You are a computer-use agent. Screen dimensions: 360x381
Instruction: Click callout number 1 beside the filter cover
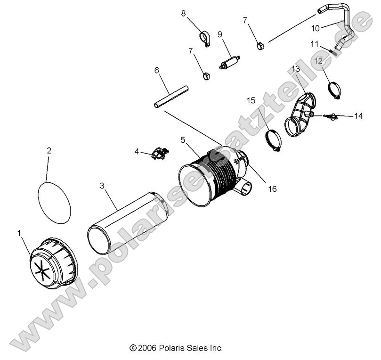tap(19, 233)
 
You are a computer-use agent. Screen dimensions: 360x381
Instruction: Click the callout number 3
tap(102, 186)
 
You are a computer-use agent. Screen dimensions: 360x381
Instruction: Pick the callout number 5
tap(183, 140)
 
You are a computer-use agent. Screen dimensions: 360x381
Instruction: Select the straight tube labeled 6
tap(171, 96)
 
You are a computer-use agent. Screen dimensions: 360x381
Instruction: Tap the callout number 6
tap(157, 71)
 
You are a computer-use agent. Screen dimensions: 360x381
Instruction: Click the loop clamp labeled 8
tap(205, 38)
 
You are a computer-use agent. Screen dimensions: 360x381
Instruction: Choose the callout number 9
tap(219, 34)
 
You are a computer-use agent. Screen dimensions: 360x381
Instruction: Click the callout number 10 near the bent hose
tap(315, 28)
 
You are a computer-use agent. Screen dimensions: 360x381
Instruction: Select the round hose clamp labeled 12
tap(334, 89)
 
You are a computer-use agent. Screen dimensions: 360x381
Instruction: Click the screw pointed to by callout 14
tap(332, 115)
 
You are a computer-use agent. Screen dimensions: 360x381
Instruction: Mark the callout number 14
tap(358, 115)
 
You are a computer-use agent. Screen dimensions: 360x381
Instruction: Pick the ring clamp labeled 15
tap(273, 139)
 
